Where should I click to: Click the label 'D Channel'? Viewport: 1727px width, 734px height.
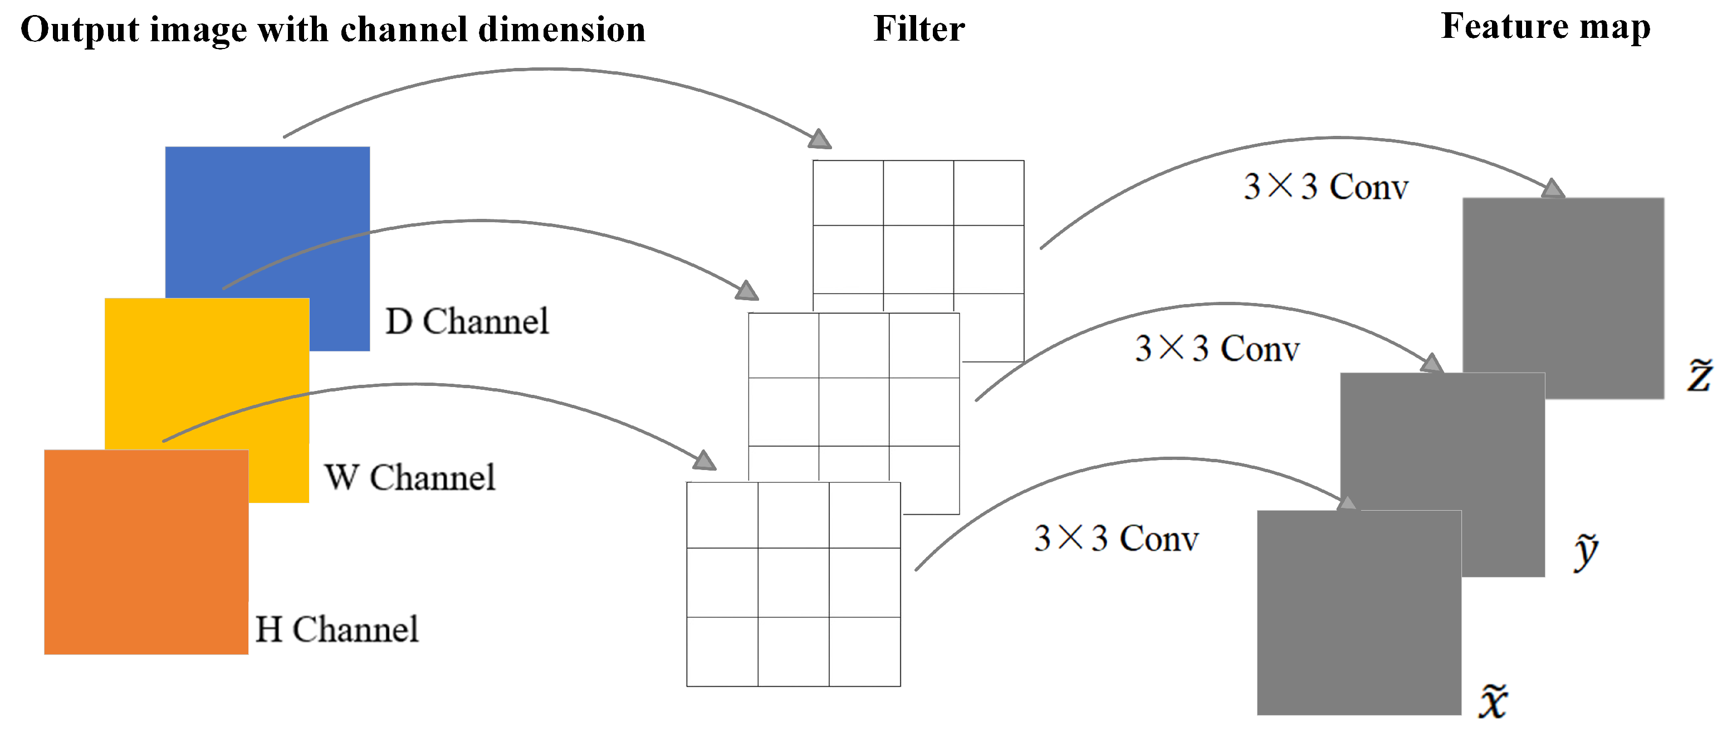pyautogui.click(x=467, y=321)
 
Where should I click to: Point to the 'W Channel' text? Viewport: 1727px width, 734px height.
pyautogui.click(x=410, y=477)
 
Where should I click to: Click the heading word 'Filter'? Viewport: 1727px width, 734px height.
pyautogui.click(x=919, y=29)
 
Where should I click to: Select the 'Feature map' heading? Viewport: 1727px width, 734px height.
pyautogui.click(x=1545, y=27)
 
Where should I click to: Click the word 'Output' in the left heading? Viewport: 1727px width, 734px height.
pyautogui.click(x=80, y=30)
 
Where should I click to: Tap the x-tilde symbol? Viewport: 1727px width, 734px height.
pyautogui.click(x=1493, y=701)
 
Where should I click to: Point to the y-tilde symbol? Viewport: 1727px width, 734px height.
pyautogui.click(x=1586, y=551)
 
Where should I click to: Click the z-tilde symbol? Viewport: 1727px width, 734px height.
pyautogui.click(x=1700, y=375)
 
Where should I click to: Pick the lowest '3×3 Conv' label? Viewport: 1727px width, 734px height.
pyautogui.click(x=1116, y=539)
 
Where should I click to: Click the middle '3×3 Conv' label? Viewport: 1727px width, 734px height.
pyautogui.click(x=1217, y=349)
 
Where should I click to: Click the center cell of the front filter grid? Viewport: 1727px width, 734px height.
pyautogui.click(x=793, y=582)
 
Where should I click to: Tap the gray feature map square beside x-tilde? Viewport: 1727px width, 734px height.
pyautogui.click(x=1359, y=612)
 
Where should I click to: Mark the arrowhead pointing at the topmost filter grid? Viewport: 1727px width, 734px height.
pyautogui.click(x=820, y=139)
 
